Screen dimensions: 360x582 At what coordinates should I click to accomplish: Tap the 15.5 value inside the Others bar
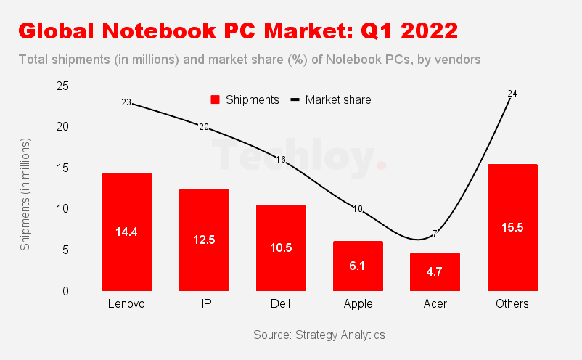click(512, 227)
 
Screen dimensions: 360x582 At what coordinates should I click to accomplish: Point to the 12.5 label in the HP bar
click(204, 240)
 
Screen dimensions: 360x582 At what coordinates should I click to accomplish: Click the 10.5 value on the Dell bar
click(281, 247)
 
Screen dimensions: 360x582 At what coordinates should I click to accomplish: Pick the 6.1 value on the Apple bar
click(358, 266)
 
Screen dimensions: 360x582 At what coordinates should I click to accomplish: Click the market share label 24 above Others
click(512, 94)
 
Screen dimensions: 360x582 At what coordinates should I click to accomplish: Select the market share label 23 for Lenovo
click(126, 103)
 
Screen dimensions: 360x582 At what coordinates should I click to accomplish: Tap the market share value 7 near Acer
click(435, 234)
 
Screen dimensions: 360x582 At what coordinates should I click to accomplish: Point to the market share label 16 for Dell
click(281, 160)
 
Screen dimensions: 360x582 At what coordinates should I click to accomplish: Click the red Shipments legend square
click(215, 100)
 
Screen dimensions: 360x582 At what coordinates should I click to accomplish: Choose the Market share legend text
click(337, 100)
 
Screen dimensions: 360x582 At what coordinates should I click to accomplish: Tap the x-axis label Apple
click(358, 304)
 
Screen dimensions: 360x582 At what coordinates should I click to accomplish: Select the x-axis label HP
click(204, 304)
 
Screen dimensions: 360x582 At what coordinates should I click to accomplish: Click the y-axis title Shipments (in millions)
click(25, 195)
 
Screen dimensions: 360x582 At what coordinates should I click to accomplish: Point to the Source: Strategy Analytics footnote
click(319, 335)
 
